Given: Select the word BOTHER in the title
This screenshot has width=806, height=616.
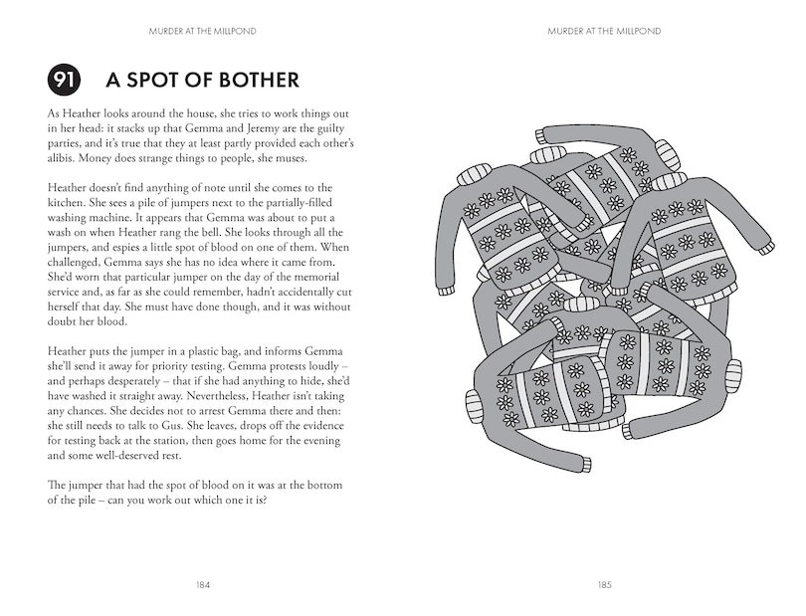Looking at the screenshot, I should tap(250, 81).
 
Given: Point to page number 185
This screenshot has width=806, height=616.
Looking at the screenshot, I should tap(604, 585).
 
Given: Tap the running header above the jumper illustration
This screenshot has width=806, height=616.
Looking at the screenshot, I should tap(604, 31).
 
